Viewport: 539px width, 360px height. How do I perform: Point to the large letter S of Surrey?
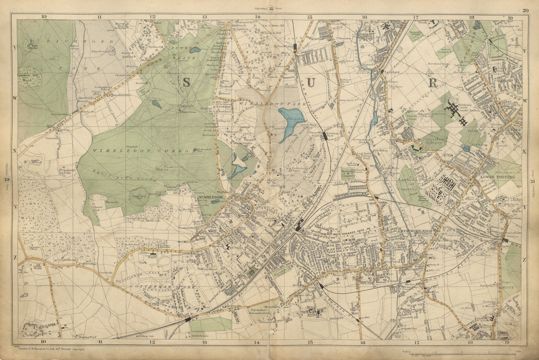click(x=186, y=82)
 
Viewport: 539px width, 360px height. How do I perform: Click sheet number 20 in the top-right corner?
click(x=525, y=10)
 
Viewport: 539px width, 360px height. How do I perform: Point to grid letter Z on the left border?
click(x=14, y=257)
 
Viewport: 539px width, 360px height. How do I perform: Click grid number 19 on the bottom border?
click(x=507, y=342)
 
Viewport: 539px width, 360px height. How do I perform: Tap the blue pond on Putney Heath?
click(x=195, y=50)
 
